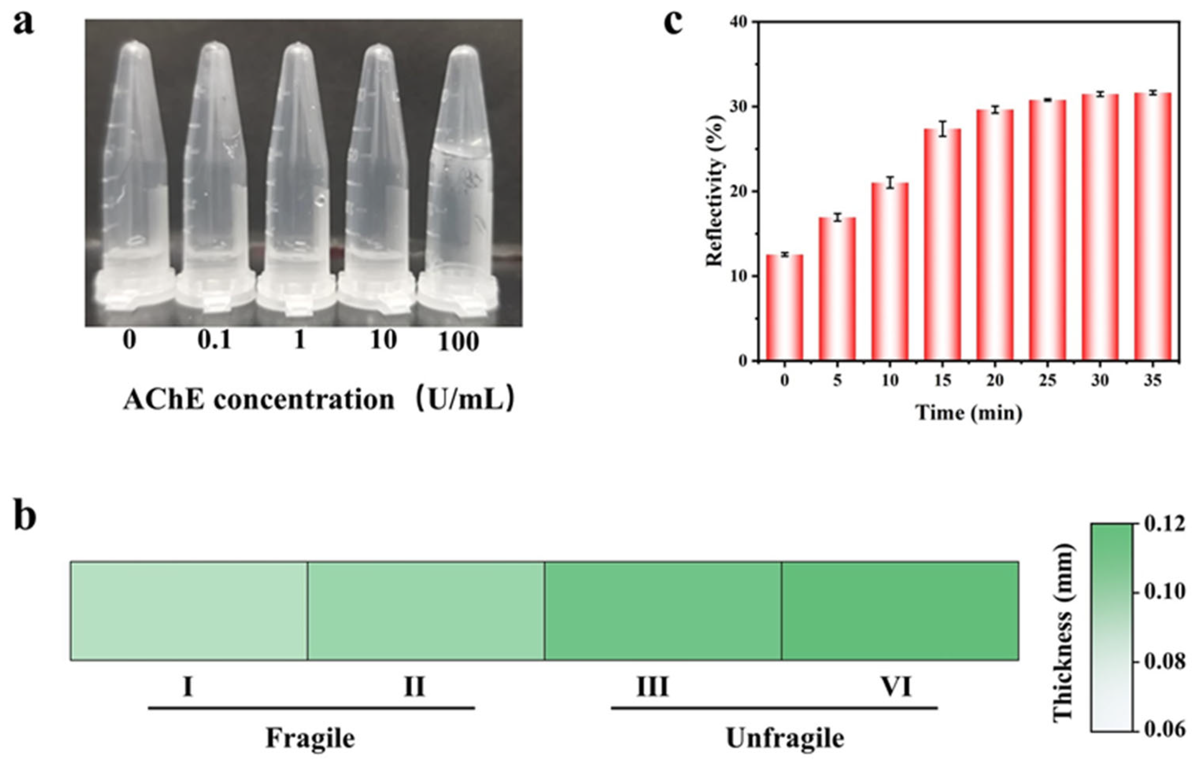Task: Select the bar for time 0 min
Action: [785, 308]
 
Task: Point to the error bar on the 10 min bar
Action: [890, 182]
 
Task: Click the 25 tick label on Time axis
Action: [1048, 380]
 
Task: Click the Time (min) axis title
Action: [969, 412]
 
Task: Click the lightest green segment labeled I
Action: [188, 610]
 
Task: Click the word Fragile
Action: [311, 738]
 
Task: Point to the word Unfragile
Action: [785, 739]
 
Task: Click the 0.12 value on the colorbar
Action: [1165, 524]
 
